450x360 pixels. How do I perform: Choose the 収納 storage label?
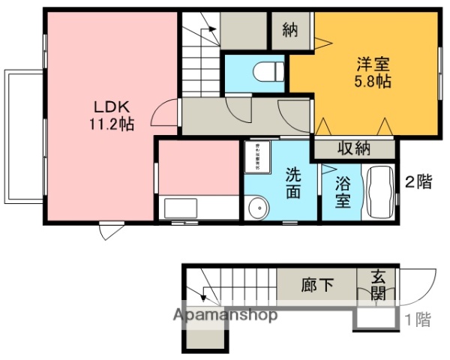point(352,148)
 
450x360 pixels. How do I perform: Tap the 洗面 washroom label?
point(292,183)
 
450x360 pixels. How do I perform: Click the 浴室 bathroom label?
point(342,190)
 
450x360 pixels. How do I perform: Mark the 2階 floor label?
point(418,181)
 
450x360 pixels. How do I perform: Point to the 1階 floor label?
point(418,319)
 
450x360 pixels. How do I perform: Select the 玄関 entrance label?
point(377,285)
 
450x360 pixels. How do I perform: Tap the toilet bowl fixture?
point(266,71)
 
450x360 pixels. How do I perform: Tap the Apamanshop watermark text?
point(226,315)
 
